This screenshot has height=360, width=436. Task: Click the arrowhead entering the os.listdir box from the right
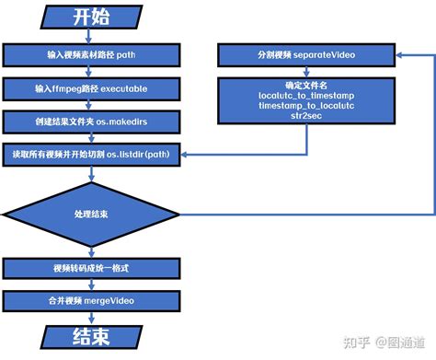pos(187,153)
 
